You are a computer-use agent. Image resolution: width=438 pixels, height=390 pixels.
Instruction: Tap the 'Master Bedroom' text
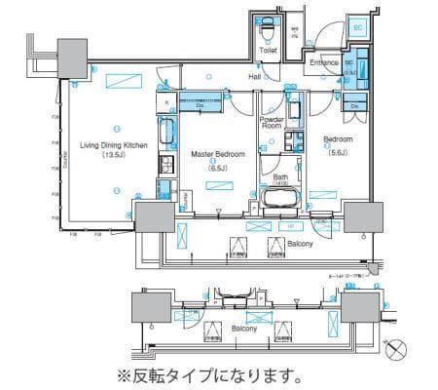[x=216, y=154]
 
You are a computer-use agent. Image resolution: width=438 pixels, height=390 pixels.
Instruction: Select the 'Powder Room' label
[x=273, y=122]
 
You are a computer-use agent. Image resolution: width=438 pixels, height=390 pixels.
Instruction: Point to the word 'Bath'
[x=280, y=177]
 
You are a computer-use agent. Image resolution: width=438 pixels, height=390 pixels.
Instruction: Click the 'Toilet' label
[x=268, y=49]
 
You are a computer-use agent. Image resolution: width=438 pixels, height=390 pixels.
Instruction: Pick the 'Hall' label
[x=254, y=75]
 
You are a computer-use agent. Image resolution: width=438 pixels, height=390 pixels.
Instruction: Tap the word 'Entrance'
[x=322, y=63]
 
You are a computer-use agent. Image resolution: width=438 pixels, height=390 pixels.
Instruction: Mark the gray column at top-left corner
[x=71, y=57]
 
